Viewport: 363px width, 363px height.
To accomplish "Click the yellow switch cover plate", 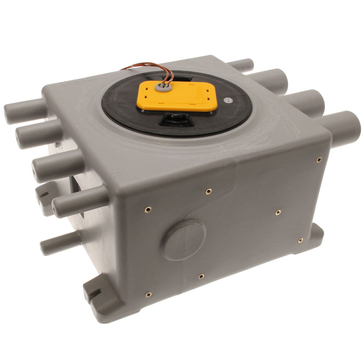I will point(177,96).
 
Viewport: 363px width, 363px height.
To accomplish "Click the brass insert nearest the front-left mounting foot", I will point(148,294).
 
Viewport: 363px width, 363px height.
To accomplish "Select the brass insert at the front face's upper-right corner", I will point(319,159).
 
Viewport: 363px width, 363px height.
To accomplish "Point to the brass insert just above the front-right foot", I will point(300,240).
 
